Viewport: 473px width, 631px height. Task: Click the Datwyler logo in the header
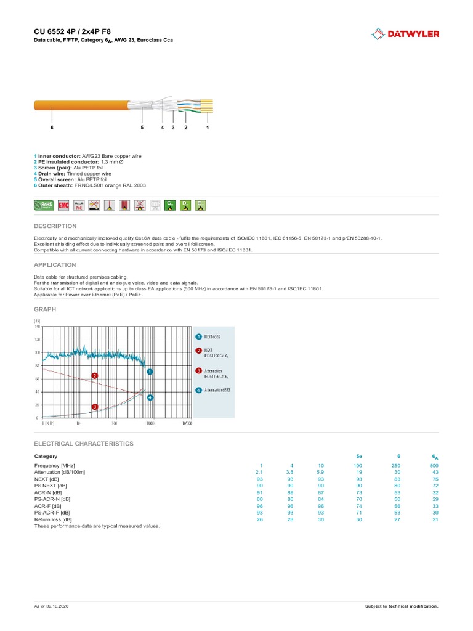point(405,34)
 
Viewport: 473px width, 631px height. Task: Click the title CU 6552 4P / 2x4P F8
point(72,31)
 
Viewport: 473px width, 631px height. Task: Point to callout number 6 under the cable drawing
point(52,128)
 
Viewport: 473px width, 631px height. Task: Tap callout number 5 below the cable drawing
point(142,128)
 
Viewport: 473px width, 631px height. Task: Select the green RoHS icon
point(44,205)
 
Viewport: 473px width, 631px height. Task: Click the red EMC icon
point(63,205)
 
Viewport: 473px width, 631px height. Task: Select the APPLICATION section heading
point(55,264)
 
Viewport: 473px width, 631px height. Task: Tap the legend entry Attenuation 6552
point(217,390)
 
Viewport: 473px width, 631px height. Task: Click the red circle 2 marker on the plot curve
point(95,375)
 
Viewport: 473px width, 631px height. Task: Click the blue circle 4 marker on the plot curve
point(150,397)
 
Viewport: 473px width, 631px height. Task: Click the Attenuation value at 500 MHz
point(435,471)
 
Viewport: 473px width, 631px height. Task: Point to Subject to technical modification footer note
point(402,606)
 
